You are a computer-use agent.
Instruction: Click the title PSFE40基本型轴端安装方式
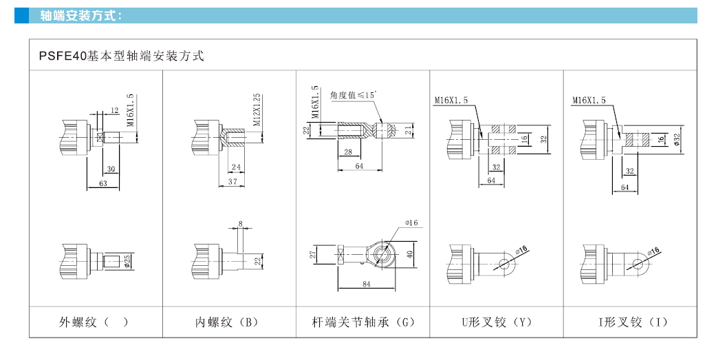point(117,56)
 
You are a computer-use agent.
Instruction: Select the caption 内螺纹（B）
point(228,322)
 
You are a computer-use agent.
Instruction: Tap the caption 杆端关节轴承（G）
point(364,322)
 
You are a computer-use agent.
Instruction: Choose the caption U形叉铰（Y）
point(497,322)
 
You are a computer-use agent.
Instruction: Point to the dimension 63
point(103,184)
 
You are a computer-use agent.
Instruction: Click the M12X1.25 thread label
point(257,109)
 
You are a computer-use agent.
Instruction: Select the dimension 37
point(232,182)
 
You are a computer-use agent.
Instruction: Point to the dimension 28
point(347,151)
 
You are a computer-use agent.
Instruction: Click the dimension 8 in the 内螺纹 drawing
point(240,223)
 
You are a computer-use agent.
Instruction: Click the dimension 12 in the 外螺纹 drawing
point(115,110)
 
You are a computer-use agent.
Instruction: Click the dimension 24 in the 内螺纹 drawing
point(237,167)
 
